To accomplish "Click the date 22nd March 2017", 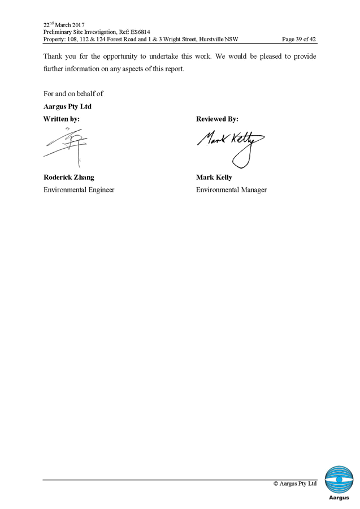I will [x=64, y=25].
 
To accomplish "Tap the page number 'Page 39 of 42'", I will [x=298, y=40].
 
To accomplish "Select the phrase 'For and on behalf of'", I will [x=73, y=93].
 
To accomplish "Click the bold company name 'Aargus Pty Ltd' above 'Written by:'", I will [x=67, y=106].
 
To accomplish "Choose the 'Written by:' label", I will [x=62, y=119].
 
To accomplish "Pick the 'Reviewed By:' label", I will [x=216, y=119].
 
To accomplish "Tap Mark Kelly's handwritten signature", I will [x=232, y=146].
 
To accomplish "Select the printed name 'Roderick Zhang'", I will [x=69, y=177].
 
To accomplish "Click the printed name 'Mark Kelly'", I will [x=214, y=177].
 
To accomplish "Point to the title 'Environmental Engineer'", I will [x=79, y=190].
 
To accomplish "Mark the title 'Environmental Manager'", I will [x=231, y=190].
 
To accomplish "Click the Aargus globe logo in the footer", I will [x=339, y=481].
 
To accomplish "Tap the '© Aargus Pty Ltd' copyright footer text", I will [x=295, y=484].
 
